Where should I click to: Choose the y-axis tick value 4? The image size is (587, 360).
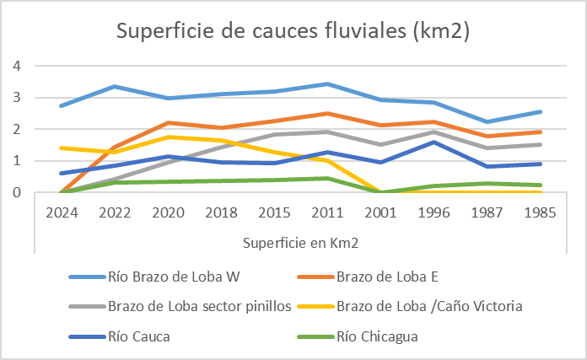16,66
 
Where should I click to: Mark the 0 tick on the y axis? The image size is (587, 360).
16,192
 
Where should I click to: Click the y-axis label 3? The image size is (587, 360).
16,98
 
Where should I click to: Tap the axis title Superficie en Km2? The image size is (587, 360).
300,244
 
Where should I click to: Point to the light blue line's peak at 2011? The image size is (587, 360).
327,83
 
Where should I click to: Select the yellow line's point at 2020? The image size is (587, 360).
168,137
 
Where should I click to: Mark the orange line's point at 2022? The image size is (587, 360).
115,148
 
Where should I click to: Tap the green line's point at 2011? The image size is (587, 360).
327,178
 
